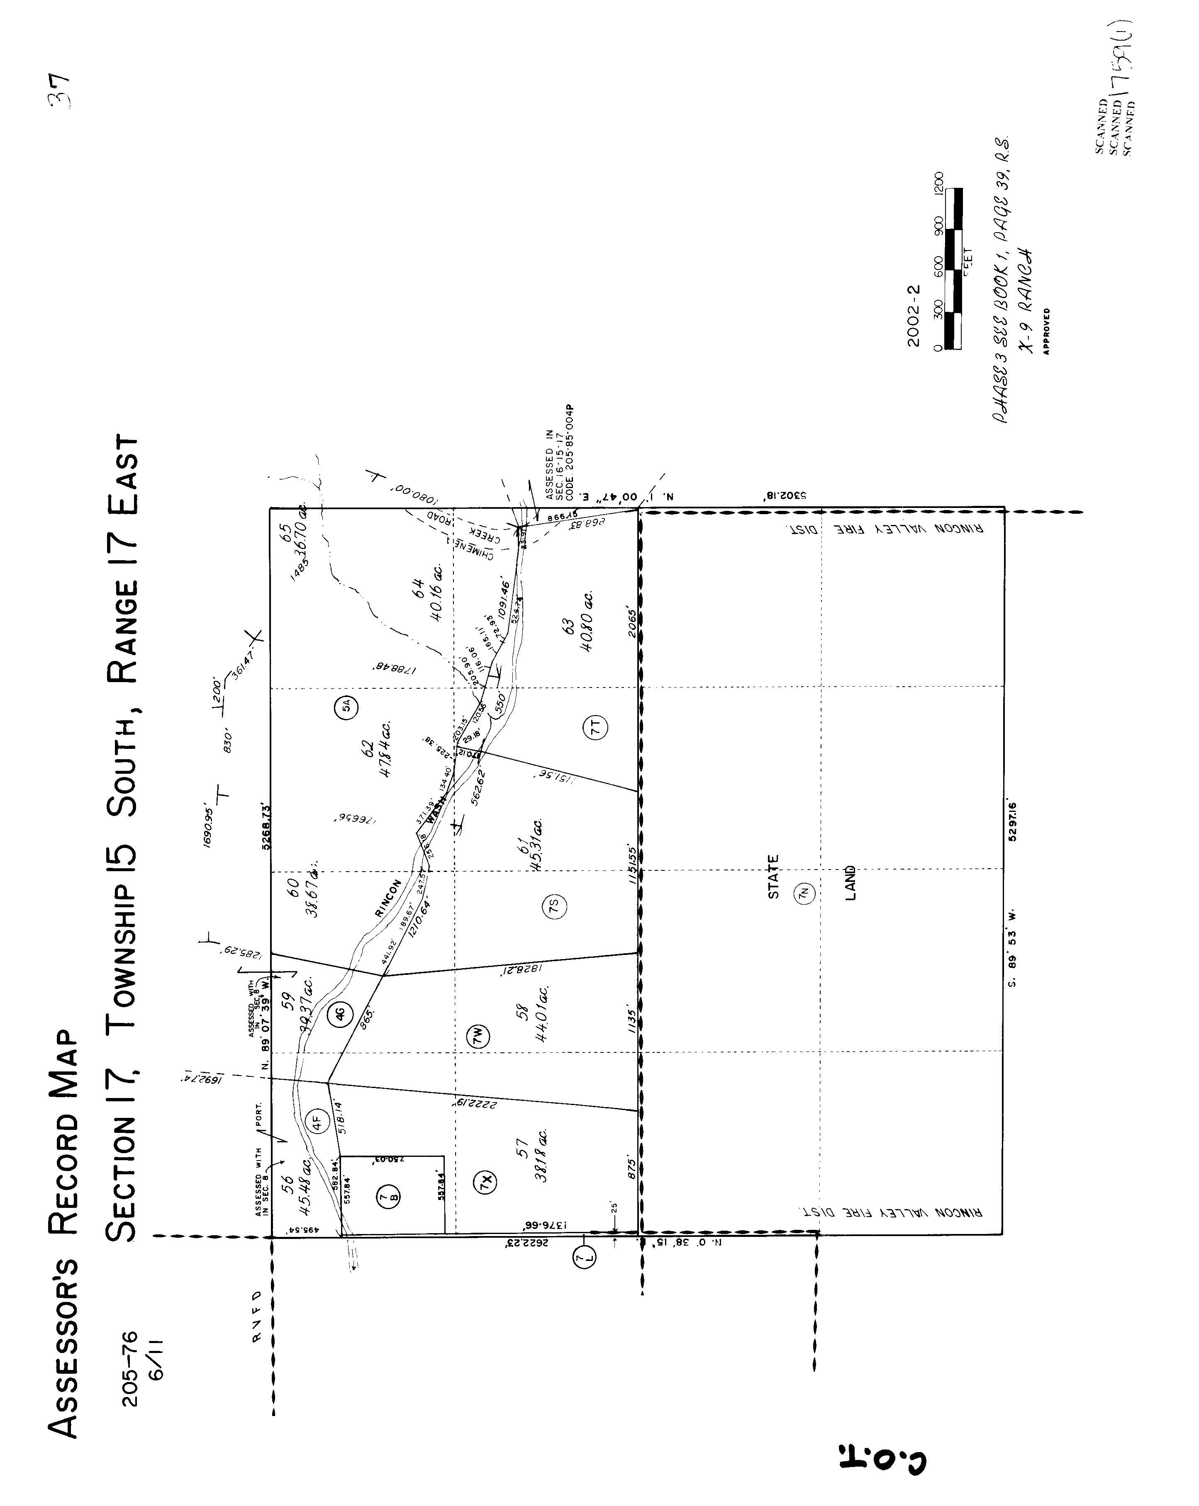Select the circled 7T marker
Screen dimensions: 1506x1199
pos(595,729)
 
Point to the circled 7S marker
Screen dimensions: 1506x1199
pos(554,907)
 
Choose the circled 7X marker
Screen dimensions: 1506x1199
pos(487,1182)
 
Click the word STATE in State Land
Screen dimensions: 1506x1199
pos(773,877)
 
